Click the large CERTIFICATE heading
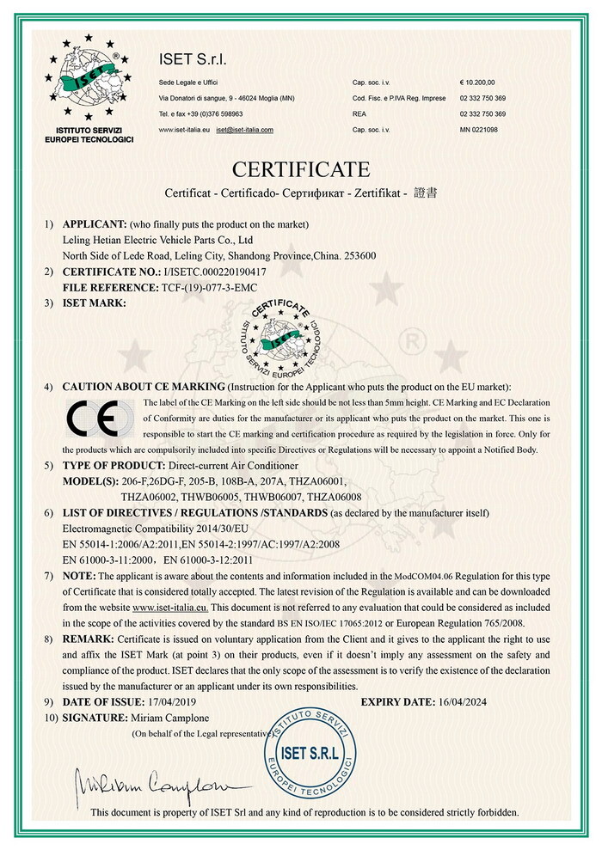pyautogui.click(x=300, y=168)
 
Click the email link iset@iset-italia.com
pyautogui.click(x=245, y=130)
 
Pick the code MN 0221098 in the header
pyautogui.click(x=479, y=130)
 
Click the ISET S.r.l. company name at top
pyautogui.click(x=193, y=59)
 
